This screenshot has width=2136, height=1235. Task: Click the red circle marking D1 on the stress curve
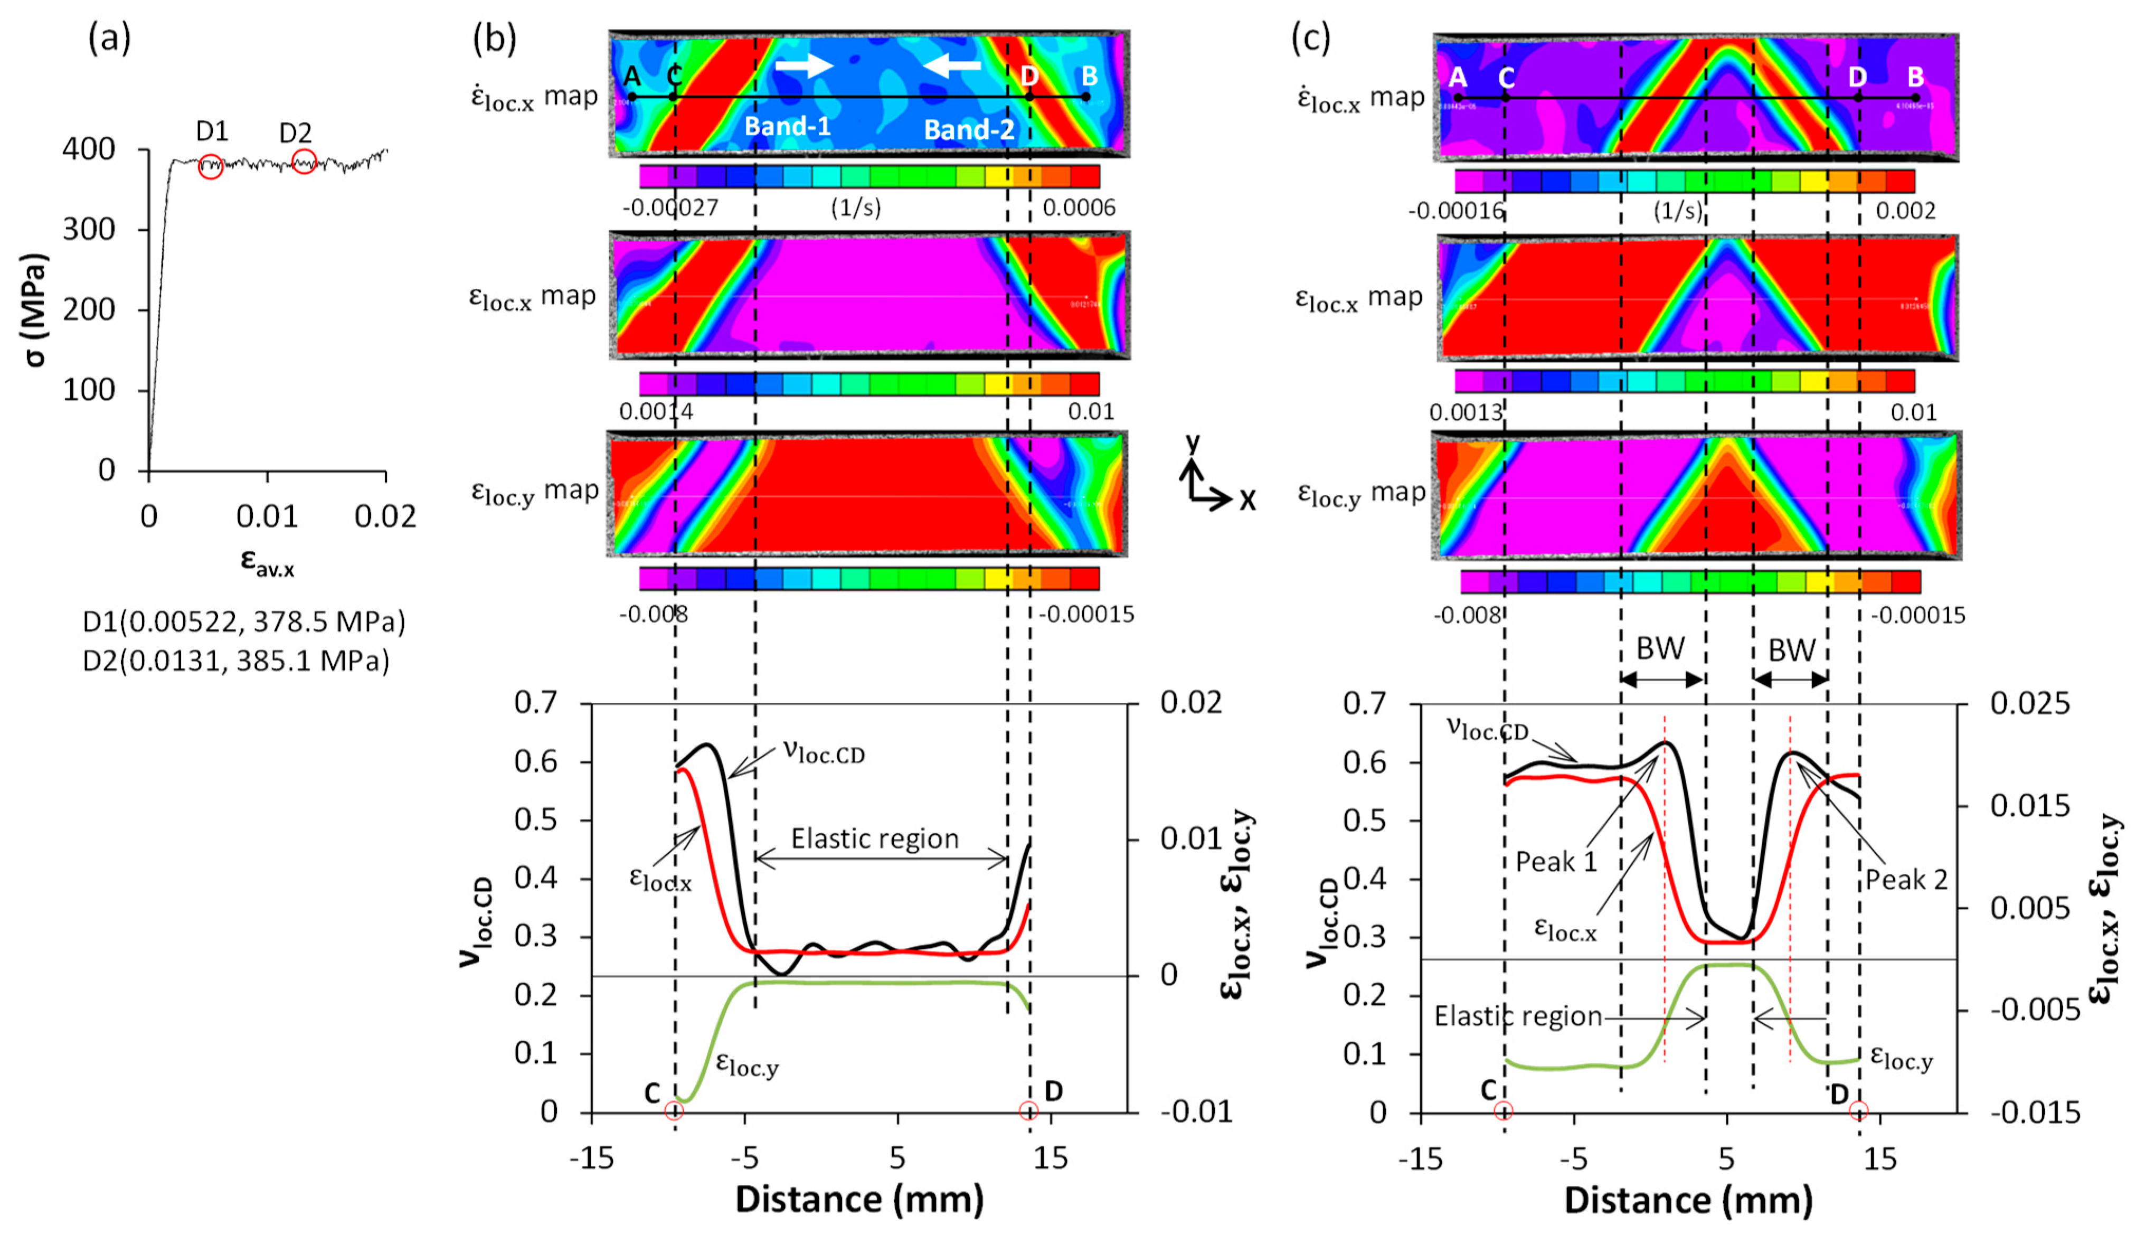click(x=211, y=166)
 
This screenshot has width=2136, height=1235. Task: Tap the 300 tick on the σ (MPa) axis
click(x=88, y=230)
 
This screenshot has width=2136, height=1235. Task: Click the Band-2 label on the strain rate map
click(x=968, y=130)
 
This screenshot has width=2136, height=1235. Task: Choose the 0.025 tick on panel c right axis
click(x=2030, y=703)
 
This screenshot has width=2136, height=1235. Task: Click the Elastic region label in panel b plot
click(x=875, y=839)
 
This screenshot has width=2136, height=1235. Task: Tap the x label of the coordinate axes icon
click(x=1247, y=502)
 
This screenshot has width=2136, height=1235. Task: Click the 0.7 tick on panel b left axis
click(x=537, y=703)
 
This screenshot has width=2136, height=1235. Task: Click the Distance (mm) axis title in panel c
click(x=1688, y=1200)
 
